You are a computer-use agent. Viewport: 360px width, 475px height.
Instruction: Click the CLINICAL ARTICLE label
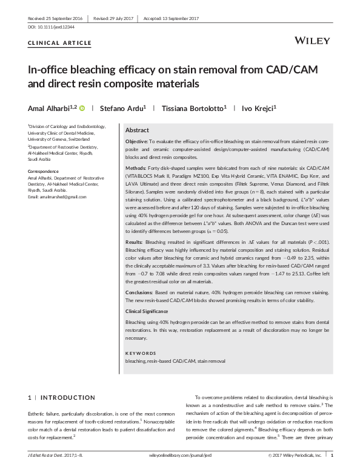(x=60, y=43)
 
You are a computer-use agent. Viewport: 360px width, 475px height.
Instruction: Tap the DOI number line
(x=52, y=28)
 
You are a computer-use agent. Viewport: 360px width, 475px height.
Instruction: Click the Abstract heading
(x=137, y=130)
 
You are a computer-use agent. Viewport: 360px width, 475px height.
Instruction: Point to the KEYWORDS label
(x=140, y=352)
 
